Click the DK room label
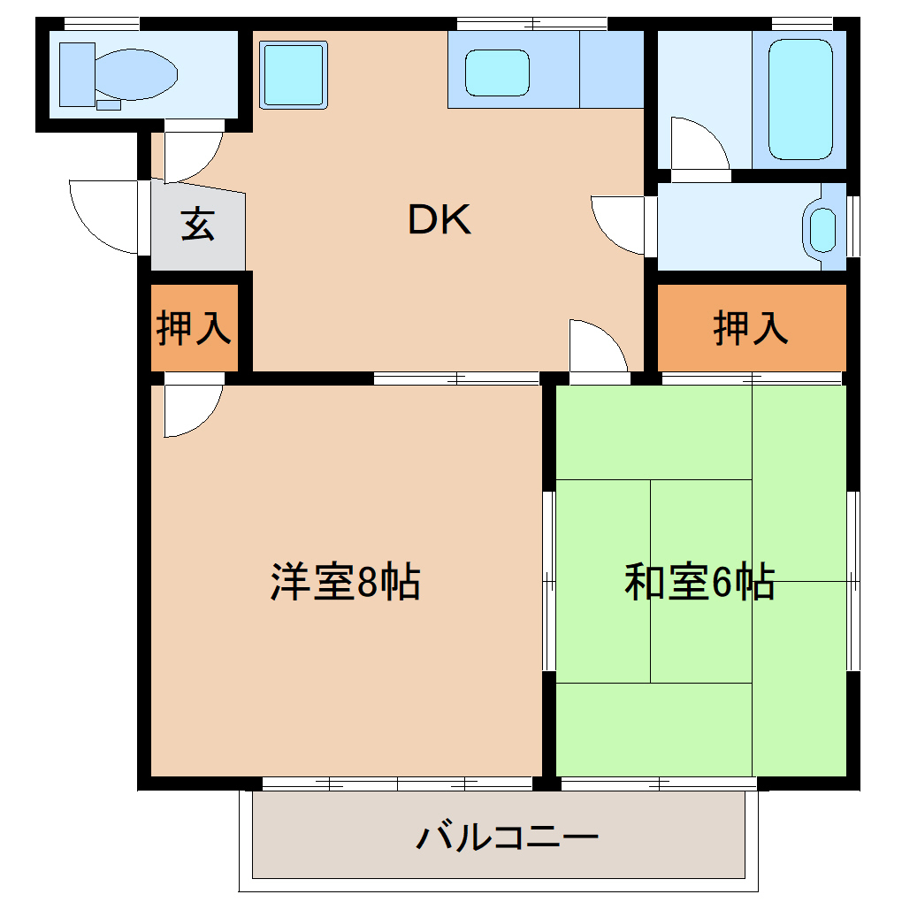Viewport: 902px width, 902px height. pyautogui.click(x=440, y=221)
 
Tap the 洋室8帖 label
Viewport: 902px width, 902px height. pyautogui.click(x=345, y=582)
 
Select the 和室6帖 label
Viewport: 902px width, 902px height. pyautogui.click(x=699, y=582)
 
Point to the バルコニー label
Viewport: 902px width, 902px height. pyautogui.click(x=508, y=836)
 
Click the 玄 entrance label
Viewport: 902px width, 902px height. pyautogui.click(x=197, y=225)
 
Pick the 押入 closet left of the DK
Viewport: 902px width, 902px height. pyautogui.click(x=194, y=328)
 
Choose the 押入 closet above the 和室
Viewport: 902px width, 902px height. pyautogui.click(x=751, y=328)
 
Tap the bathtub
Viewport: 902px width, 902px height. pyautogui.click(x=801, y=99)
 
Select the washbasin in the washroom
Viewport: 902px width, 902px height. pyautogui.click(x=823, y=230)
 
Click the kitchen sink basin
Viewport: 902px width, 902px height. pyautogui.click(x=497, y=73)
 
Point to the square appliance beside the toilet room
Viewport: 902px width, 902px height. pyautogui.click(x=294, y=75)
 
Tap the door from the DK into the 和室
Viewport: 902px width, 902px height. pyautogui.click(x=597, y=348)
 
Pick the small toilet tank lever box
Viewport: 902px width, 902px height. pyautogui.click(x=109, y=104)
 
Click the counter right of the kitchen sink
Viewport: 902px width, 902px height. pyautogui.click(x=611, y=69)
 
